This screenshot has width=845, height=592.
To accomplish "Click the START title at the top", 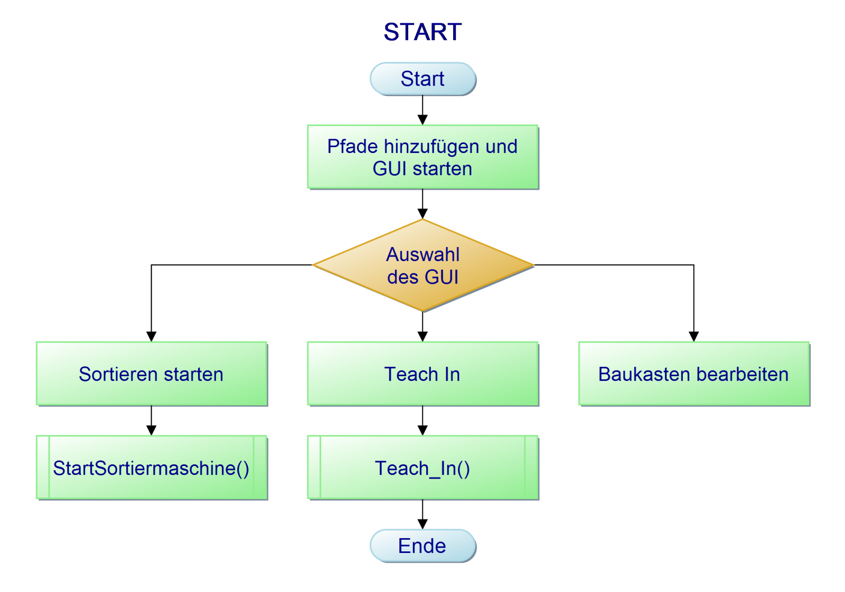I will pos(422,32).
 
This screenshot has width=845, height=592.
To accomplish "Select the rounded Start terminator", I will pos(422,79).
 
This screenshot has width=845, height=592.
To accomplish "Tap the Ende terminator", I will pos(422,546).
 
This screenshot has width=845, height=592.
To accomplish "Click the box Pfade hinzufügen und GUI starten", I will pos(422,157).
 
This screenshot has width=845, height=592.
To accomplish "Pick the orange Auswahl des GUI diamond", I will pos(422,265).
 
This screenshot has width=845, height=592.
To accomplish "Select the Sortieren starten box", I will pos(152,374).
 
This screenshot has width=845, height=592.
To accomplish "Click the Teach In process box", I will pos(422,374).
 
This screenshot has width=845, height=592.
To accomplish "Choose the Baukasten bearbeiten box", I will pos(693,374).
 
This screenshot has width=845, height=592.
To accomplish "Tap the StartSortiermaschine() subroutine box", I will pos(152,467).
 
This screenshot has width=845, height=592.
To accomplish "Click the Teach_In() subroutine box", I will pos(422,467).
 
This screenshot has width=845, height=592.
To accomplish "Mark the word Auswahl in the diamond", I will pos(422,254).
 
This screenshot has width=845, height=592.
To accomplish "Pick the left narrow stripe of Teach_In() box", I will pos(314,467).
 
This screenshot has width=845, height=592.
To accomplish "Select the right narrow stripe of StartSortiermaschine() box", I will pos(260,467).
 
